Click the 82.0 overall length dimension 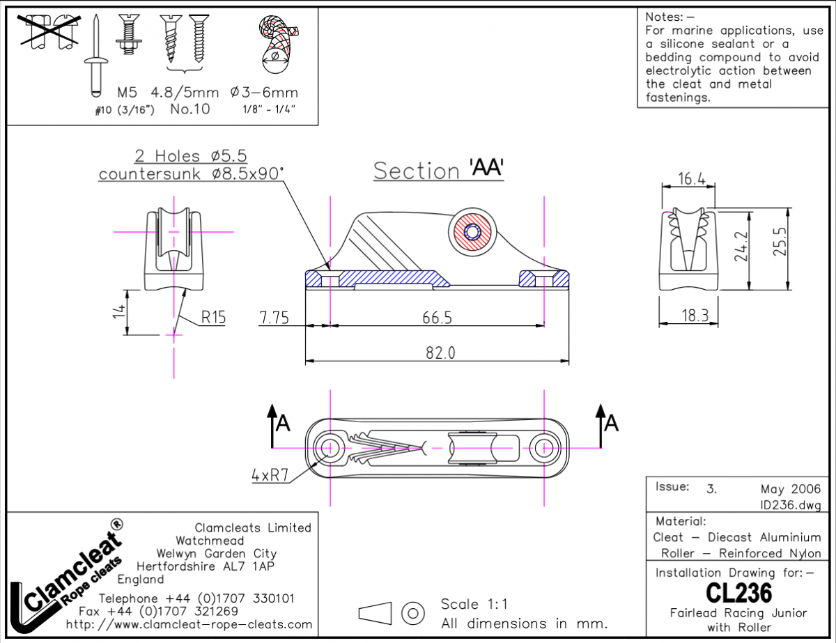[440, 353]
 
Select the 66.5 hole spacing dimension [437, 317]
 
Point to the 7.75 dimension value [274, 317]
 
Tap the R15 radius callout [214, 318]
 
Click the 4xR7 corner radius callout [270, 476]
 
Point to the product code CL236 [738, 593]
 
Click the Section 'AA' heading [438, 170]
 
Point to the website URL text [189, 624]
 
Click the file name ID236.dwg [791, 504]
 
